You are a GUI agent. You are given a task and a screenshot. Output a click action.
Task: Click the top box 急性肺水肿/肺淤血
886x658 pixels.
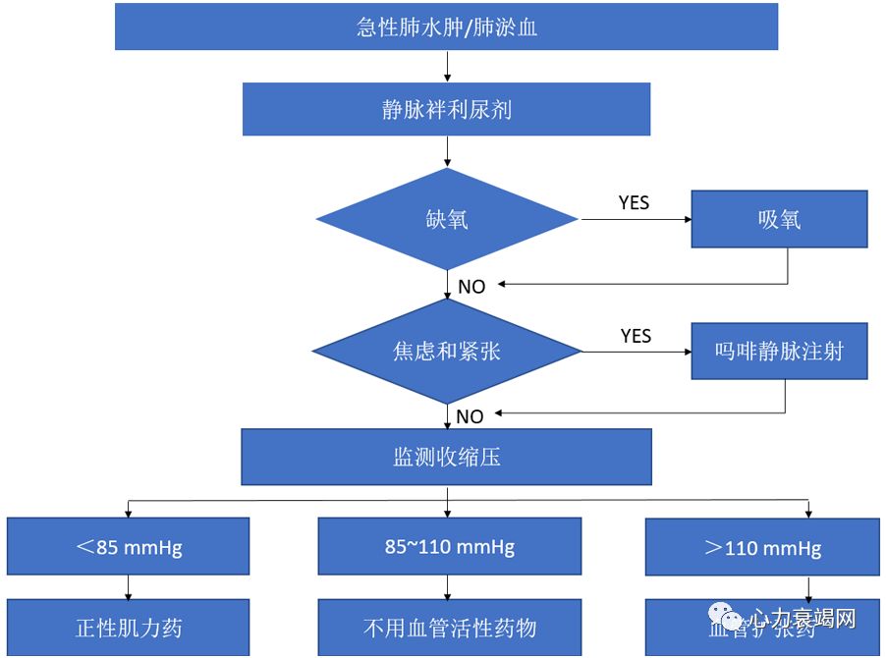(x=447, y=27)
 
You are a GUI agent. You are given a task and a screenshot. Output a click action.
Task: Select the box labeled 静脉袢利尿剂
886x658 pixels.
(x=447, y=109)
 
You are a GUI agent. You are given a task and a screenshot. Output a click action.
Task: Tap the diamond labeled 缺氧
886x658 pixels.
(x=447, y=219)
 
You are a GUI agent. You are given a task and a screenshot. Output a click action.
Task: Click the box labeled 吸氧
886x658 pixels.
(x=779, y=219)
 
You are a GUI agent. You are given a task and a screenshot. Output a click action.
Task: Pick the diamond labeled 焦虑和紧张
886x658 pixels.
(x=447, y=351)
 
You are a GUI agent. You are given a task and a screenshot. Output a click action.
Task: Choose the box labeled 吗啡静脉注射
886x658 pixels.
(x=779, y=351)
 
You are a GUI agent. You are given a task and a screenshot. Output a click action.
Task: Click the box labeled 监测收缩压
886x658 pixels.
(x=447, y=457)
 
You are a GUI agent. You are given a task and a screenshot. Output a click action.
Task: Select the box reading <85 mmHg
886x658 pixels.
(x=129, y=546)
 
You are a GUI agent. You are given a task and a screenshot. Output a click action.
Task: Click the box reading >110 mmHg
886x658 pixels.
(x=762, y=547)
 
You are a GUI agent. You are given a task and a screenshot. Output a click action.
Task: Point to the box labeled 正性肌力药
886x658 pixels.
(x=129, y=628)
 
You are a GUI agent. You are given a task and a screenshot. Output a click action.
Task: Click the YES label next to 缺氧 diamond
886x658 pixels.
(x=634, y=203)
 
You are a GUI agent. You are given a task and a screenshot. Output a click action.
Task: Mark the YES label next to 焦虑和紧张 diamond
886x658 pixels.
(x=636, y=336)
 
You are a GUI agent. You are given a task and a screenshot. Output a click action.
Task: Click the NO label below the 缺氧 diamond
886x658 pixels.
(x=471, y=287)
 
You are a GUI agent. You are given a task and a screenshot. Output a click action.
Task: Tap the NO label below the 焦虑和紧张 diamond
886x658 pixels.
(x=470, y=416)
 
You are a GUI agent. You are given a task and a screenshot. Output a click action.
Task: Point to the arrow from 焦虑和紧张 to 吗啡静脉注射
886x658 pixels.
(x=637, y=351)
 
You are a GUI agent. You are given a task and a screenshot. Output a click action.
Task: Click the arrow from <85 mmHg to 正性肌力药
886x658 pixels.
(x=129, y=586)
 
